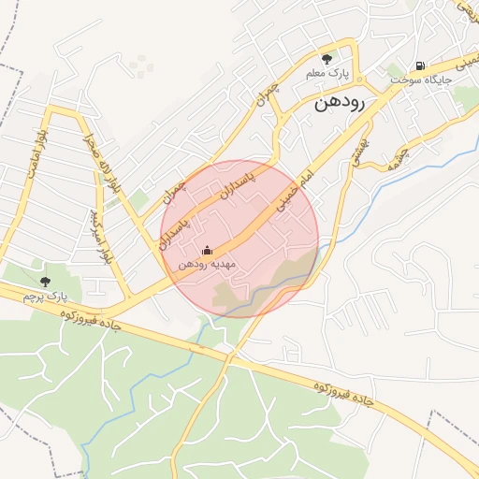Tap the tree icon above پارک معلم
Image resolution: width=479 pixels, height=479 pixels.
(x=327, y=58)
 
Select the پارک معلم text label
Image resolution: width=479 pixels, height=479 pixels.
(x=329, y=72)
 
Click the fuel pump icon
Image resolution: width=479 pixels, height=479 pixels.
(x=420, y=66)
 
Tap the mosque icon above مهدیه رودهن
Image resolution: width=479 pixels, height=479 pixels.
(x=207, y=251)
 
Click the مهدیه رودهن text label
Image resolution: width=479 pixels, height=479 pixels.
(x=205, y=265)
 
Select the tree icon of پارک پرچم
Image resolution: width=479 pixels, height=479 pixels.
(x=46, y=280)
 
